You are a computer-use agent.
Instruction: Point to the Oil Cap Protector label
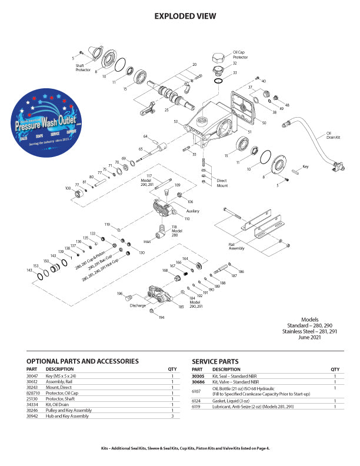tap(240, 55)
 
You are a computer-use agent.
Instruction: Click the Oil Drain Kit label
tap(334, 136)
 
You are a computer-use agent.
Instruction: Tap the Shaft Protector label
tap(83, 68)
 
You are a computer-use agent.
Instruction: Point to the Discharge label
tap(138, 305)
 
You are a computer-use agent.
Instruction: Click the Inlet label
tap(148, 241)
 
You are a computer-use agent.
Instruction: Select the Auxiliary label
tap(193, 210)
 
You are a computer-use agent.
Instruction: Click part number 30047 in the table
tap(33, 375)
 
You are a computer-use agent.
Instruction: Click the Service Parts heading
tap(215, 361)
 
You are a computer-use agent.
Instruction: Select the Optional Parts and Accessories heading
tap(82, 361)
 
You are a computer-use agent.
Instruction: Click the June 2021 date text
tap(326, 338)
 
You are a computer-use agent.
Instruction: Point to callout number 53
tap(176, 122)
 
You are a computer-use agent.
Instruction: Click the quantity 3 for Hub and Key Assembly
tap(172, 415)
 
